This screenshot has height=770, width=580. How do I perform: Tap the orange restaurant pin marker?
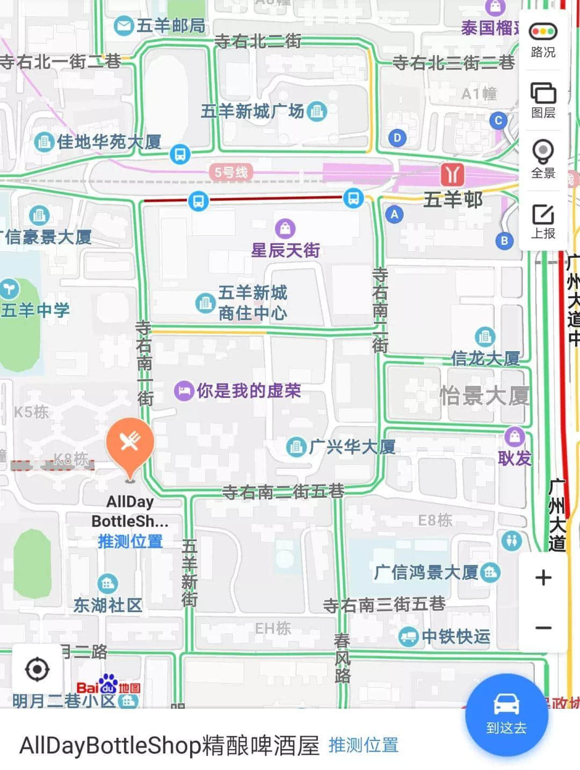point(130,444)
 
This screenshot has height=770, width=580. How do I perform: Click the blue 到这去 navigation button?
point(506,711)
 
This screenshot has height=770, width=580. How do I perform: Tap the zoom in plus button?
point(543,578)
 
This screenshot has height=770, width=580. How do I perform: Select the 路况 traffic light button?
point(543,40)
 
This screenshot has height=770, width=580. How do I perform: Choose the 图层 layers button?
point(543,100)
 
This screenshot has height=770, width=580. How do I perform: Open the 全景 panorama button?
point(543,159)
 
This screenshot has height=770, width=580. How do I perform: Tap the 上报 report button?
point(543,221)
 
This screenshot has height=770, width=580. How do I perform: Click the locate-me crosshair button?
point(37,670)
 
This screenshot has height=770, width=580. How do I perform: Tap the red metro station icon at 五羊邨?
point(452,175)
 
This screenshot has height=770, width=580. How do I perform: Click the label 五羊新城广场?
point(252,111)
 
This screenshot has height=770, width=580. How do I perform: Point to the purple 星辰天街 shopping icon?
point(285,228)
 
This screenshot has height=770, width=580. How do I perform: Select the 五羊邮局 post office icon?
point(124,26)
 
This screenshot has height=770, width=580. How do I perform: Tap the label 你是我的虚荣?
point(248,391)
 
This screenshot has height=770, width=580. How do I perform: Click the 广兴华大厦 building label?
point(352,447)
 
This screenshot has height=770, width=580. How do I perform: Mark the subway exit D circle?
point(397,137)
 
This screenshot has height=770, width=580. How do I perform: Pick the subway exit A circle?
point(394,215)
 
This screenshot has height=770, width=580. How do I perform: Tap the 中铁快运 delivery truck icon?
point(408,637)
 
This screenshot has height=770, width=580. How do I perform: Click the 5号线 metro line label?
point(231,172)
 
